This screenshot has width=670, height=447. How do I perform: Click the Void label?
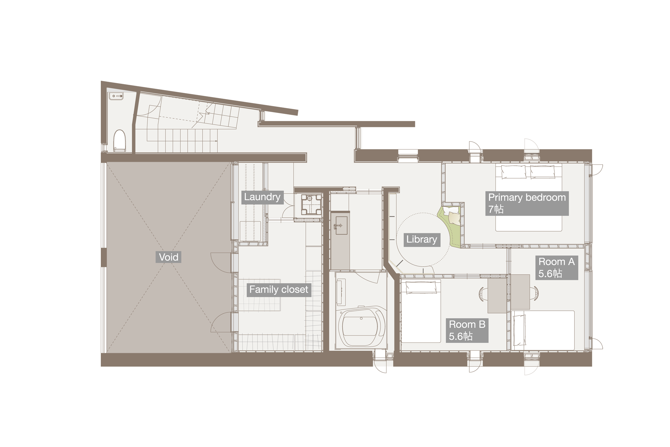[x=168, y=257]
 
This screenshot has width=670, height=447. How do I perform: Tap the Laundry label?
[x=262, y=197]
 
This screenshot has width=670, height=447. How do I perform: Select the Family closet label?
[x=279, y=290]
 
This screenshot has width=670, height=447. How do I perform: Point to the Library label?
[x=422, y=239]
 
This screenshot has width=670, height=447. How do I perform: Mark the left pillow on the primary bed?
[x=513, y=171]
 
